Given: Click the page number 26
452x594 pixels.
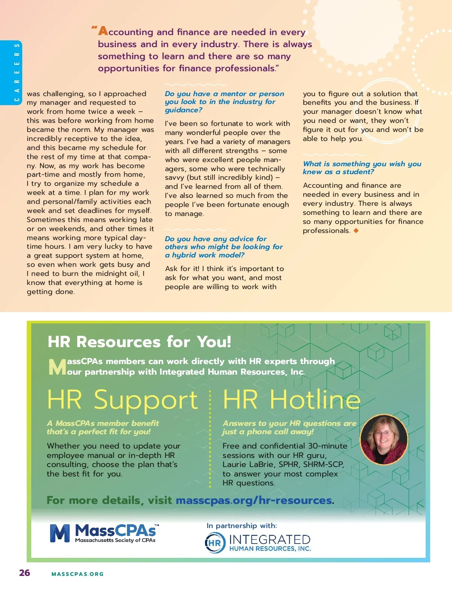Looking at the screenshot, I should coord(24,573).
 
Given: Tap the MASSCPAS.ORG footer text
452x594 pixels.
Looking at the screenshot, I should coord(77,574).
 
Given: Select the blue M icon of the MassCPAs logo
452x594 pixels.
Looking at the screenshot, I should coord(60,533).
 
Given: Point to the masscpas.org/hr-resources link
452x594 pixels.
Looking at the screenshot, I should coord(254,500).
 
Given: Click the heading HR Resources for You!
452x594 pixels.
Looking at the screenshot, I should coord(139,342).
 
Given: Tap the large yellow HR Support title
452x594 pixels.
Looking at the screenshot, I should coord(122,400).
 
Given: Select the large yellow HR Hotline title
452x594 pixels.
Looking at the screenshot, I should coord(292,400).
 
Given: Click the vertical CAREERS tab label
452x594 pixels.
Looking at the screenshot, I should coord(17,72).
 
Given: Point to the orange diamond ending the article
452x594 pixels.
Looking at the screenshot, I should coord(356,230).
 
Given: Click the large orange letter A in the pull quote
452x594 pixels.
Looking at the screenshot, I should coord(103,31).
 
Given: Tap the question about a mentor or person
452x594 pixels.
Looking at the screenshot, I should coord(224,102).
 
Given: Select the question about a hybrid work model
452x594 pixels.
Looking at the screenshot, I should coord(224,247).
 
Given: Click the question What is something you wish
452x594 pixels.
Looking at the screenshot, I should coord(362,168).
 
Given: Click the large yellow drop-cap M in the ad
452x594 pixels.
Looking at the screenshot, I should coord(57,367).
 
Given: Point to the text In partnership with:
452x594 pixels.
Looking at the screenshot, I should coord(241,525).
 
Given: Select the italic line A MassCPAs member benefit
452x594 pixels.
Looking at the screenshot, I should coord(103,423).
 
